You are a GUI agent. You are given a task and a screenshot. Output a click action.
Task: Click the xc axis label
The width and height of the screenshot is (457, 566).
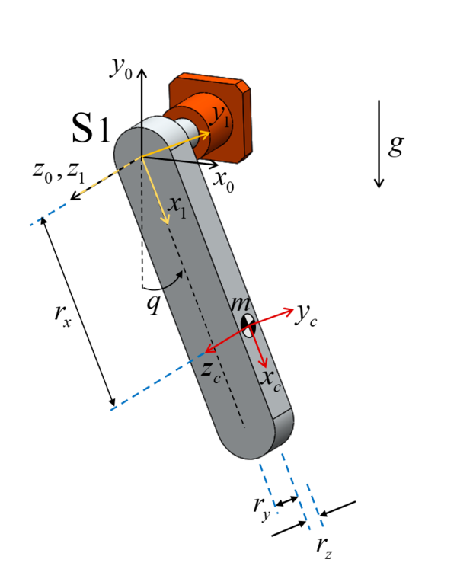[271, 378]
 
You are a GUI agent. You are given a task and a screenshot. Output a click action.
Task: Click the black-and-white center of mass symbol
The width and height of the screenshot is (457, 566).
[249, 325]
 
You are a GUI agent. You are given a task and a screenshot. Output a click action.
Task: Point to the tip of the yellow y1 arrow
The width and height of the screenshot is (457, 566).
[210, 132]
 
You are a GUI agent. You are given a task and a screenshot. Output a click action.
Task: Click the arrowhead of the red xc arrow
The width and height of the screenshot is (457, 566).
[264, 363]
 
